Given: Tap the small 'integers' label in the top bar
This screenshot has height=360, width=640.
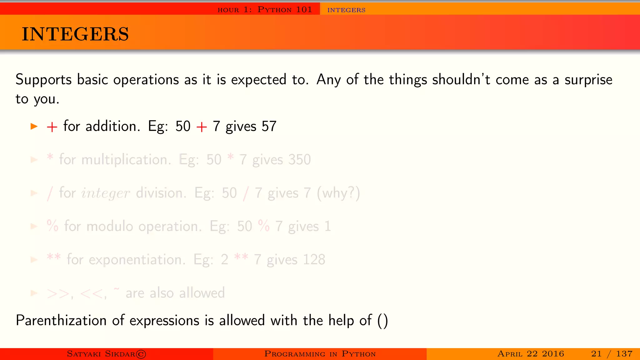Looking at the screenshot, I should [346, 10].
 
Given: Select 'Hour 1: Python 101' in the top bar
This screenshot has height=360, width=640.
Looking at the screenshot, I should [265, 10].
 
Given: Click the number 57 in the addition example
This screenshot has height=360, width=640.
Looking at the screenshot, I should [269, 126].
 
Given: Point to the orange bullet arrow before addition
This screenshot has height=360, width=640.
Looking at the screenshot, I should [34, 126].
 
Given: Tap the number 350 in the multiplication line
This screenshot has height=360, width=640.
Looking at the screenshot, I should [299, 160].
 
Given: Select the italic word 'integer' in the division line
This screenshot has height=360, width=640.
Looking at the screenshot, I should [105, 193].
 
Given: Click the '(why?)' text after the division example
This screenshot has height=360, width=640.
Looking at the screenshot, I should [338, 193].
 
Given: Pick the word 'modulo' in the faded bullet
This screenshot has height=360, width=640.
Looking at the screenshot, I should [110, 226].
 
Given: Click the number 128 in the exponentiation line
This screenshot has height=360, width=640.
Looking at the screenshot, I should [314, 260].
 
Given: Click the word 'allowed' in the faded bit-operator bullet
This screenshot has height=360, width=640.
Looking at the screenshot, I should [202, 293].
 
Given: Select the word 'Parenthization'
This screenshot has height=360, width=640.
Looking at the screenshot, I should [61, 321].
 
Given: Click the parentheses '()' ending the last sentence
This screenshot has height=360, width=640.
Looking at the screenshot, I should [382, 321].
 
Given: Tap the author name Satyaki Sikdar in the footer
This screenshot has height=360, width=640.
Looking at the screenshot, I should [106, 354].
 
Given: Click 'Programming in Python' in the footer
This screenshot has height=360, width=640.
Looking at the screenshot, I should [320, 354].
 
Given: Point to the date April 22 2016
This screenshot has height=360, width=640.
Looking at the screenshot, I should [531, 354].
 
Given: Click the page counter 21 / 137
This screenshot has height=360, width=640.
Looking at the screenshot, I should [612, 354].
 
